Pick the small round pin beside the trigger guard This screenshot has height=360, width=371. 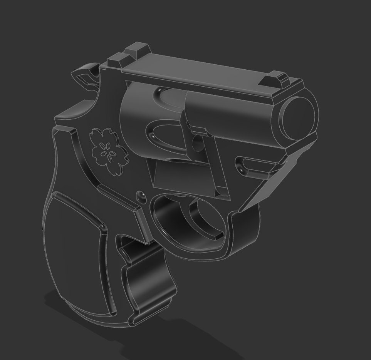pos(141,195)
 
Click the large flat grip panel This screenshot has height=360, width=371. pos(77,254)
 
